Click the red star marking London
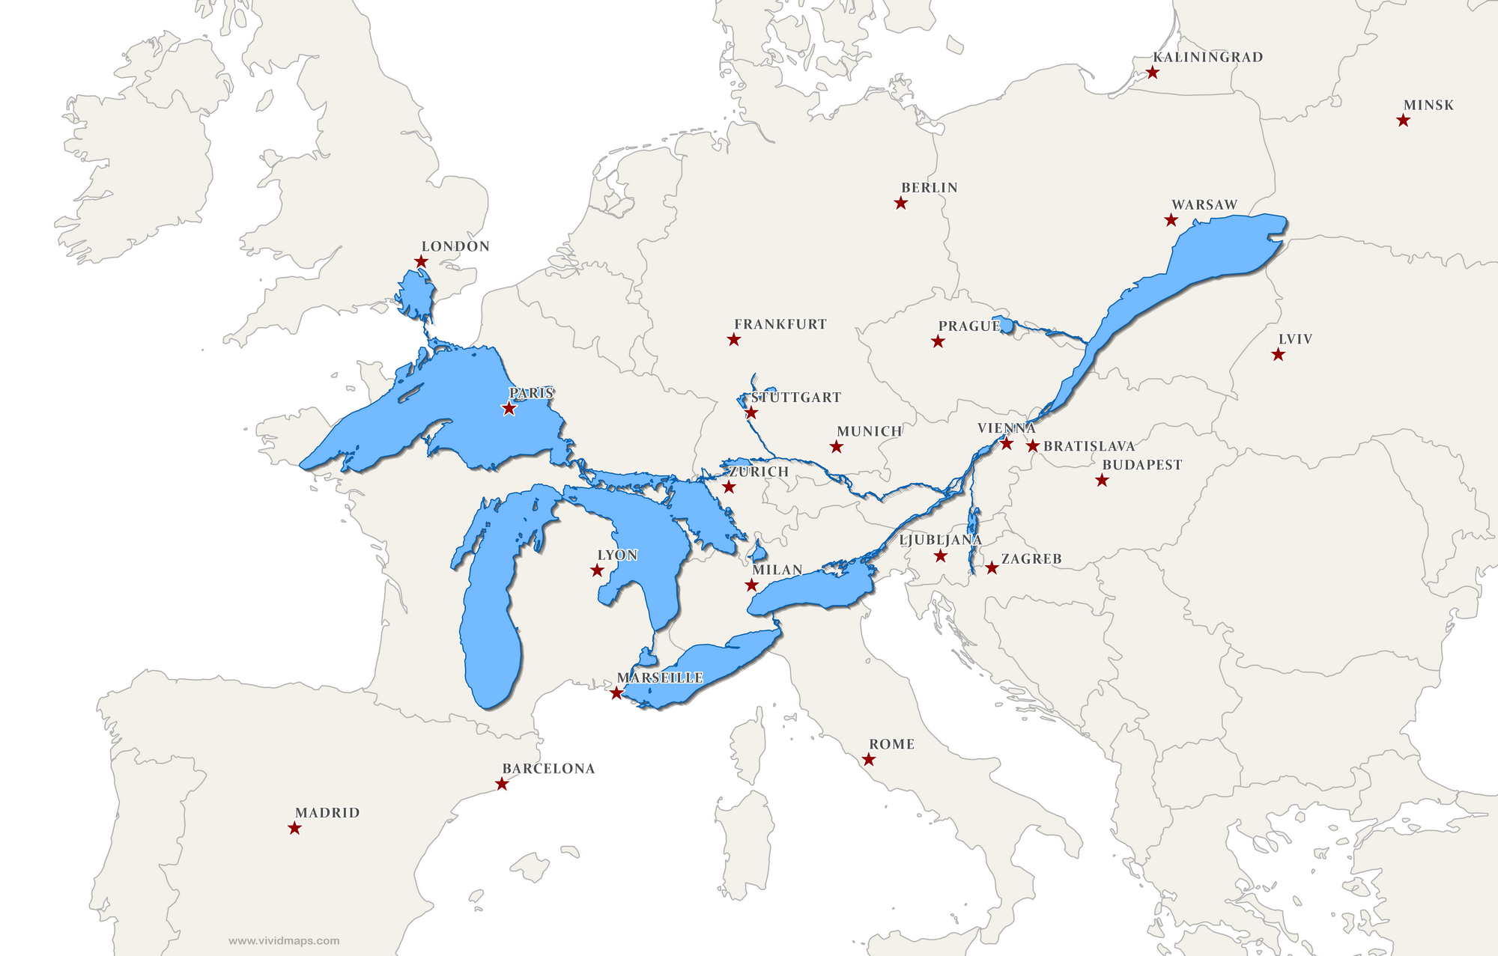pos(421,261)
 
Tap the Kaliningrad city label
pos(1207,57)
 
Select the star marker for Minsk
pos(1403,121)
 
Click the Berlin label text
pos(929,187)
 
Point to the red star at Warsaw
pos(1171,220)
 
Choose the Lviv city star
pos(1278,355)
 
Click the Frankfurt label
pos(780,324)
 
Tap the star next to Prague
pos(938,341)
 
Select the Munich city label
pos(869,431)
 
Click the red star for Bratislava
pos(1033,446)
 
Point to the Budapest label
pos(1141,464)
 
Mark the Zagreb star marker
pos(992,568)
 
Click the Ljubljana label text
pos(940,540)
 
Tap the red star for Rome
pos(869,760)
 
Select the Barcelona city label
pos(548,768)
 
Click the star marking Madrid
pos(294,828)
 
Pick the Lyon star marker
pos(597,570)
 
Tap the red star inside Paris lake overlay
pos(509,409)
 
